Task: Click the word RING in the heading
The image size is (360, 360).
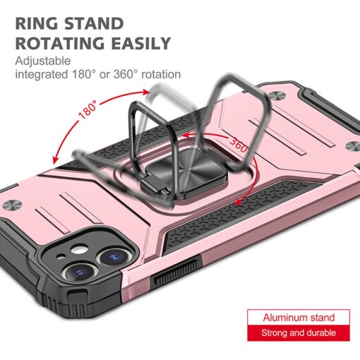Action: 37,24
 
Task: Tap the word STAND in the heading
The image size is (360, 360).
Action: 94,24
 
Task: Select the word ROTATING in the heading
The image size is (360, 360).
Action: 60,43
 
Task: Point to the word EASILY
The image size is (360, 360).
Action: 140,43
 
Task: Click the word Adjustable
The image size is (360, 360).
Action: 43,61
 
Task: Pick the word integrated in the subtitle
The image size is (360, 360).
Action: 42,75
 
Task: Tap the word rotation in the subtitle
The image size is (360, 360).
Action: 161,74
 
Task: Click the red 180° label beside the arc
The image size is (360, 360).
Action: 88,109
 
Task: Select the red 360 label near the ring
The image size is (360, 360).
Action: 239,145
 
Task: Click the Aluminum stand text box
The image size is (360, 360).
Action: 299,318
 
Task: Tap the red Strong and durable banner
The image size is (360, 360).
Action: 299,333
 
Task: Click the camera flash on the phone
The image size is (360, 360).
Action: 79,250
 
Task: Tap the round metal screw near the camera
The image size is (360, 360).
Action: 12,205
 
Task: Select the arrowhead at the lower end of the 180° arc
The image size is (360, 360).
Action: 55,160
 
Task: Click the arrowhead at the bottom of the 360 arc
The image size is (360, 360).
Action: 238,202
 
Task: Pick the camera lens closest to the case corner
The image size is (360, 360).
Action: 80,272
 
